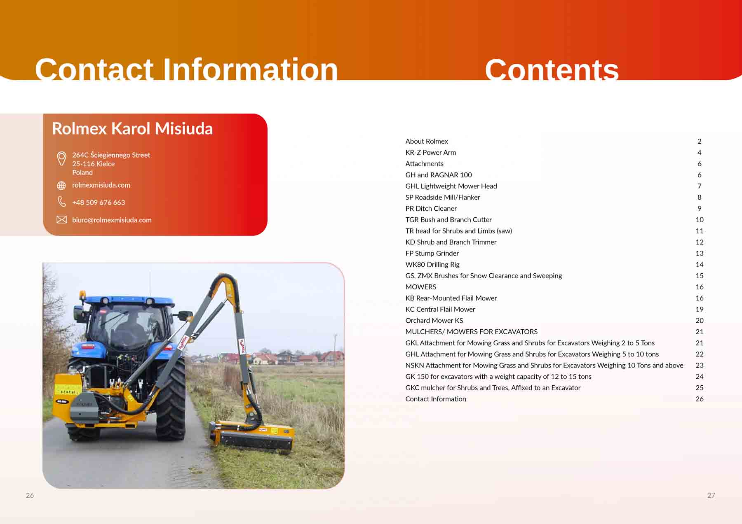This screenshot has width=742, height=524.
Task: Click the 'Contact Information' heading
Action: pyautogui.click(x=186, y=69)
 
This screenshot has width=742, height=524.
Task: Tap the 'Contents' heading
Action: pyautogui.click(x=552, y=69)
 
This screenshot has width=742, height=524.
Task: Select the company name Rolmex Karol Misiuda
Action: pyautogui.click(x=132, y=128)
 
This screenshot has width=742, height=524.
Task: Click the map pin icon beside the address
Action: pyautogui.click(x=61, y=158)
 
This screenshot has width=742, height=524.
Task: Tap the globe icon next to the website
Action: pyautogui.click(x=61, y=186)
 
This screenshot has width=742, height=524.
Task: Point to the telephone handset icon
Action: pyautogui.click(x=61, y=201)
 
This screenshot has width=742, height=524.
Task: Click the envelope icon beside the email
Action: pyautogui.click(x=62, y=219)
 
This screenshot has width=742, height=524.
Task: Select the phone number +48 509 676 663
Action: pyautogui.click(x=99, y=203)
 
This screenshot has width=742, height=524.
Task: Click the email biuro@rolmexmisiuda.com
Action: pyautogui.click(x=112, y=220)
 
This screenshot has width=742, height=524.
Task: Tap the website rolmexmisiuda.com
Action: pyautogui.click(x=101, y=185)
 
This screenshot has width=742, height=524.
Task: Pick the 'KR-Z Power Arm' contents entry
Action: pyautogui.click(x=430, y=152)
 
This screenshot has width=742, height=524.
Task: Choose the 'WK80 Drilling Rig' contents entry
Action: pyautogui.click(x=432, y=264)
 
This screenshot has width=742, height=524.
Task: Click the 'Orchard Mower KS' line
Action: pyautogui.click(x=434, y=320)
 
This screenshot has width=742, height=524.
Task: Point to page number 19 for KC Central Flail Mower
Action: pyautogui.click(x=699, y=309)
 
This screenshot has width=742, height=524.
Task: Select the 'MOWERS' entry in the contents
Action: pyautogui.click(x=420, y=287)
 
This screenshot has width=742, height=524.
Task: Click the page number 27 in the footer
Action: pyautogui.click(x=711, y=495)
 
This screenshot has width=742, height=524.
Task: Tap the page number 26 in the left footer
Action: pyautogui.click(x=30, y=495)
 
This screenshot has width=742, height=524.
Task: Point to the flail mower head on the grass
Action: pyautogui.click(x=252, y=436)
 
